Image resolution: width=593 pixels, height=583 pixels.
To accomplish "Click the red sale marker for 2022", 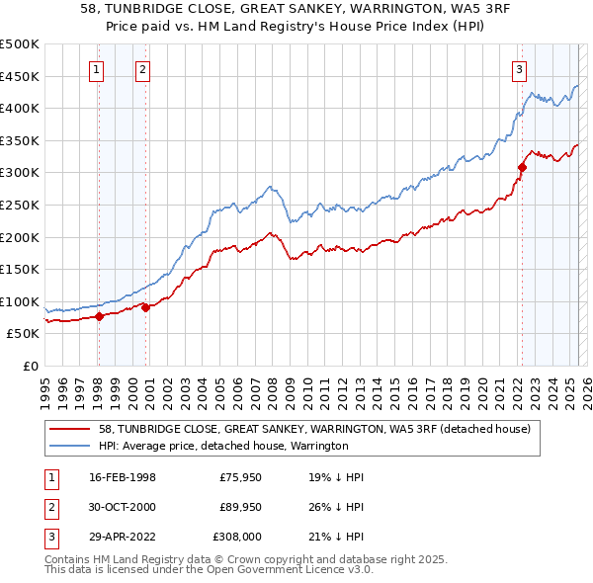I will [521, 168].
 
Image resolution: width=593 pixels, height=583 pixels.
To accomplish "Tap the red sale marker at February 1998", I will [99, 317].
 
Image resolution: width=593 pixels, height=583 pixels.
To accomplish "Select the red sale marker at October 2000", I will [145, 307].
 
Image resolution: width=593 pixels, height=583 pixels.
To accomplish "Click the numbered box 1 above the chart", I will [97, 69].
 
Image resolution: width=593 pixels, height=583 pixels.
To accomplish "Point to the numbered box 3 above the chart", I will [519, 69].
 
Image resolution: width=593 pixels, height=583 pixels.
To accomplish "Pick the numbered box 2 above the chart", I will [143, 69].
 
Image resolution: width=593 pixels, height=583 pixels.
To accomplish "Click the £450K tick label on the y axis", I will [19, 76].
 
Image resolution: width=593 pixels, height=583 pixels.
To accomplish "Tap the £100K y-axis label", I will [19, 301].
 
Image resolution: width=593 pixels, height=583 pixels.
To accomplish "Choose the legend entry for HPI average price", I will [223, 447].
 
